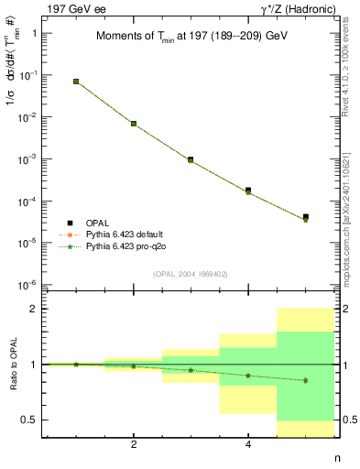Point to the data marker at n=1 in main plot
76,82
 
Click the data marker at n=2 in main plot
134,124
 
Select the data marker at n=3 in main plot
191,159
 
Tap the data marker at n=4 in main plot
248,191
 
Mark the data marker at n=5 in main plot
305,217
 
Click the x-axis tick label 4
248,445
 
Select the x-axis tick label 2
134,445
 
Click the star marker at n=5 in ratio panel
305,380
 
